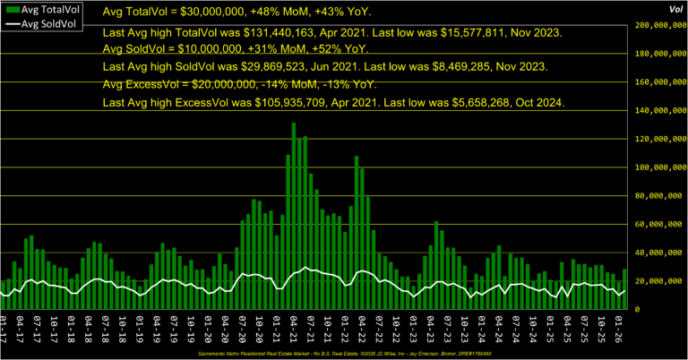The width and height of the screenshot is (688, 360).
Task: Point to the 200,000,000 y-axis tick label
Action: tap(658, 25)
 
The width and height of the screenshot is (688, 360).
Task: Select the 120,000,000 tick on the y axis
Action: tap(658, 139)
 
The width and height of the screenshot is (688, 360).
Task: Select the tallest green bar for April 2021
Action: tap(293, 215)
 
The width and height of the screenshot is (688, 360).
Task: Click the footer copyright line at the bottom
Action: tap(344, 354)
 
